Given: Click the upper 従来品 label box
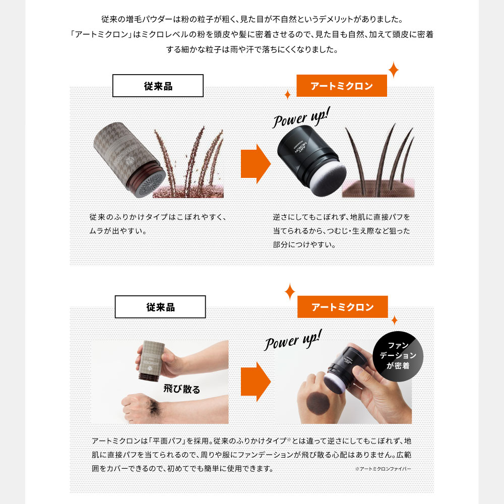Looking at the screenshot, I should (x=158, y=86).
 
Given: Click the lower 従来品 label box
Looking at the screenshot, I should (x=160, y=307).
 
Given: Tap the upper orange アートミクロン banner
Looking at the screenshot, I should (x=342, y=86).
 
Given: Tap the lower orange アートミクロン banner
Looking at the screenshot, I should (x=342, y=307).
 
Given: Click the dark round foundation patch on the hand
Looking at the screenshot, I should (x=318, y=404).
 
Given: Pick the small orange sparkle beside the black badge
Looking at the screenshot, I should (x=395, y=320).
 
